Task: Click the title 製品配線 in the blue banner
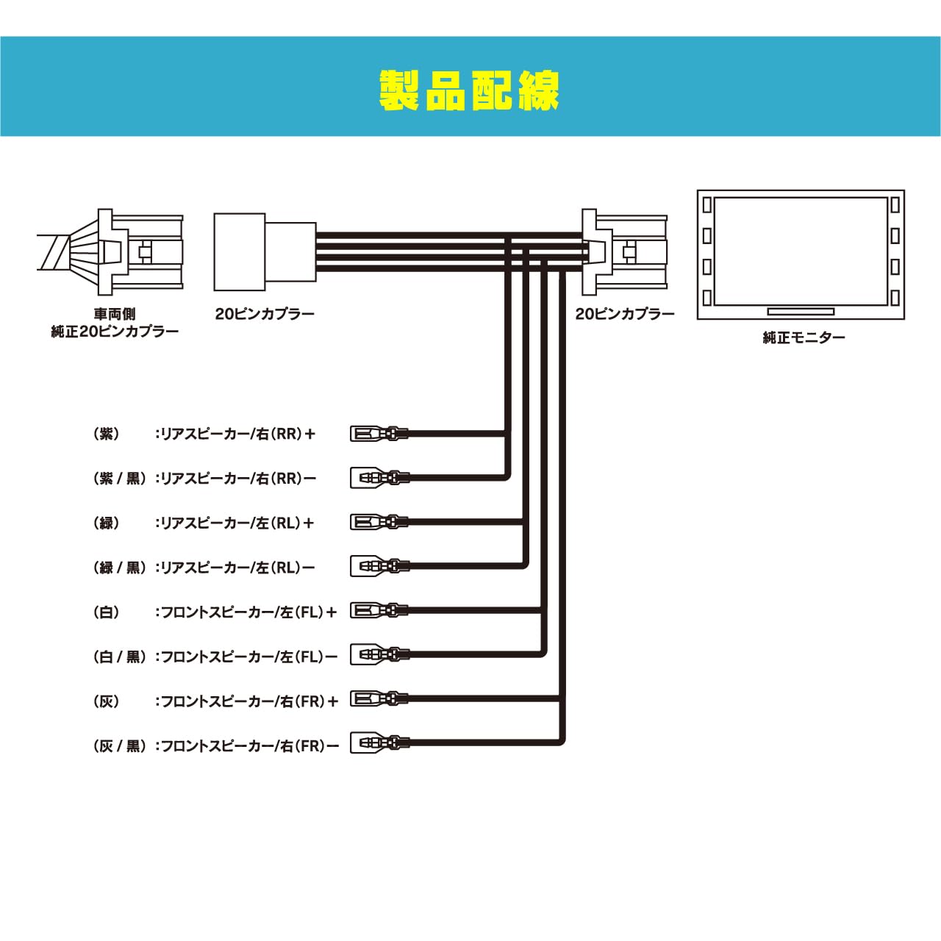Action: click(x=469, y=91)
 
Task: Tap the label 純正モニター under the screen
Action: click(x=804, y=337)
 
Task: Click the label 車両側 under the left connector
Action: click(x=115, y=313)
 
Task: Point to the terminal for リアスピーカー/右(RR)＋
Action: click(x=379, y=433)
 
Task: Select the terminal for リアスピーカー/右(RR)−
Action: click(x=379, y=477)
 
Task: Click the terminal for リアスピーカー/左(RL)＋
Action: click(x=379, y=522)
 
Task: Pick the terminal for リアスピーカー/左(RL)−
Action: click(x=379, y=567)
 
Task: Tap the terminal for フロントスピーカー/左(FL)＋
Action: click(x=379, y=610)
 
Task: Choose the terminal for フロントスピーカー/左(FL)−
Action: click(x=379, y=655)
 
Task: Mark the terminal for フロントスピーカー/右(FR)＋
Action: click(x=379, y=699)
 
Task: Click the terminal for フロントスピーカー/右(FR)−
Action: click(x=379, y=744)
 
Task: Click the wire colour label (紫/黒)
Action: click(x=120, y=478)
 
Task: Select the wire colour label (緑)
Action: click(x=107, y=523)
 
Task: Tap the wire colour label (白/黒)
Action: click(x=120, y=656)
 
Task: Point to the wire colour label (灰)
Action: click(x=107, y=701)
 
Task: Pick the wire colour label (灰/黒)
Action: click(x=120, y=746)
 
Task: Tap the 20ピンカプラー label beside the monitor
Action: click(x=625, y=313)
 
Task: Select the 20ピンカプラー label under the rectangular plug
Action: click(x=265, y=313)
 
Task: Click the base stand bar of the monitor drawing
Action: click(x=801, y=312)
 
